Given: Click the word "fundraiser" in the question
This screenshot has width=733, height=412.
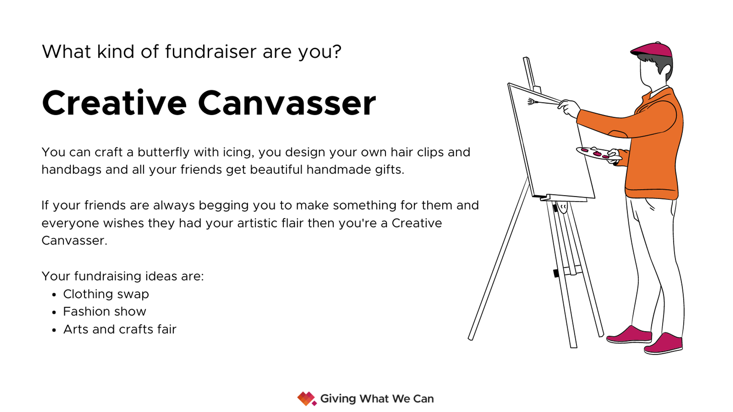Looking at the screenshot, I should (210, 52).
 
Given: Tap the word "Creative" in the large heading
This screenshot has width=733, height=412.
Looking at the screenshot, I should (114, 103).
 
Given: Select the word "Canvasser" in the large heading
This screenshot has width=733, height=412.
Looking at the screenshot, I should (287, 103).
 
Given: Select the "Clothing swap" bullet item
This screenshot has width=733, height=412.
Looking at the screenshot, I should (106, 294).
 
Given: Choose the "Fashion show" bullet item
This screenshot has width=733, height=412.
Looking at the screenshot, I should (105, 312).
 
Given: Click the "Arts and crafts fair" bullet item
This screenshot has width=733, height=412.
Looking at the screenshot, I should (120, 329).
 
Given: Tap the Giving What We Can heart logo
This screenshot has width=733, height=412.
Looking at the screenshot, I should (306, 398).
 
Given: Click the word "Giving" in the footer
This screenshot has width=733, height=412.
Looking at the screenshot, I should (338, 398).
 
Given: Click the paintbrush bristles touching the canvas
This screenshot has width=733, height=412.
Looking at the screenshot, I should (532, 102).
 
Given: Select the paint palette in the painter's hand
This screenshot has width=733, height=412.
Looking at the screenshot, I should (596, 153).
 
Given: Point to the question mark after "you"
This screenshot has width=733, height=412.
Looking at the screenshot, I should (336, 52).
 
